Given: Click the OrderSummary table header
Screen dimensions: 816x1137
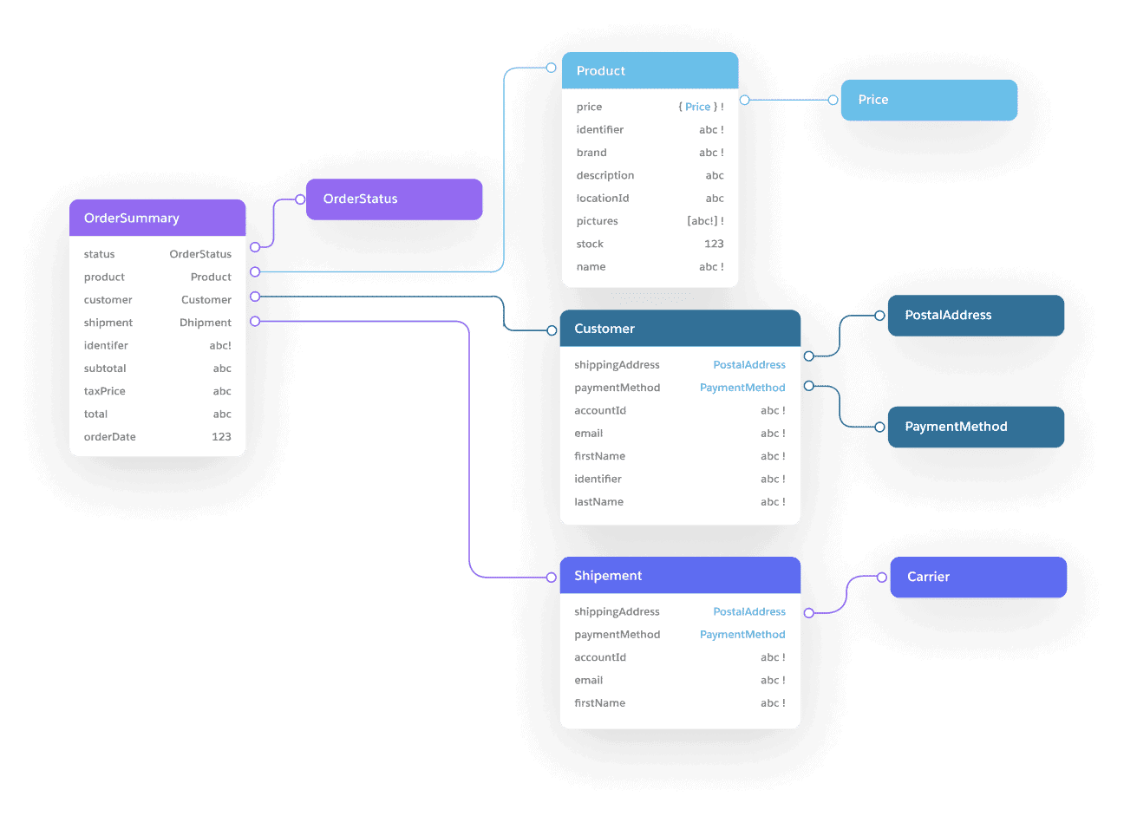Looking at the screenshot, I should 157,218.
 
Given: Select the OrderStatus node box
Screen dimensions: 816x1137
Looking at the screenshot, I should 395,199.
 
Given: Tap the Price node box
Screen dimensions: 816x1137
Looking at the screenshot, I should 929,100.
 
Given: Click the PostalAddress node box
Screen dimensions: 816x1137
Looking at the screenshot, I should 976,316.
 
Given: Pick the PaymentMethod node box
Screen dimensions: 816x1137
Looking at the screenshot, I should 976,427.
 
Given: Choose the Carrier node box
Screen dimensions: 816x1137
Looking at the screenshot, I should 978,577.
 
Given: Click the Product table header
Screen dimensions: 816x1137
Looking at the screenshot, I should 650,71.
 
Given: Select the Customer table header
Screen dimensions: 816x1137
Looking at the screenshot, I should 679,329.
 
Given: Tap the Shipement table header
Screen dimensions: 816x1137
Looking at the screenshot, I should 679,576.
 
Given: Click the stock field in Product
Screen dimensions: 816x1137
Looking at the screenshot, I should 590,245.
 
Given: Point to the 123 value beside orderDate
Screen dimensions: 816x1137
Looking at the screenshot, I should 221,437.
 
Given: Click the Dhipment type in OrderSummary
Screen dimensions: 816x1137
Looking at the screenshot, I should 206,323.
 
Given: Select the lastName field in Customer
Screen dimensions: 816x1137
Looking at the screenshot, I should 598,502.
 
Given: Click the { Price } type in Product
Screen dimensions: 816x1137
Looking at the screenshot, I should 697,107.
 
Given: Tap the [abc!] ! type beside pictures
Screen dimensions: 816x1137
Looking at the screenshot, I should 705,221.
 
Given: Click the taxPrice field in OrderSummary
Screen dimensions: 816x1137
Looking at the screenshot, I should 105,391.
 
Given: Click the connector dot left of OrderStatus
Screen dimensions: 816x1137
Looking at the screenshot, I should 300,199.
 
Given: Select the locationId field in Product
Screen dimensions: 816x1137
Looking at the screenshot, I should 603,199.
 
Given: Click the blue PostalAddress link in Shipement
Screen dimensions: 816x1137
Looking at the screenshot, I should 749,612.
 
